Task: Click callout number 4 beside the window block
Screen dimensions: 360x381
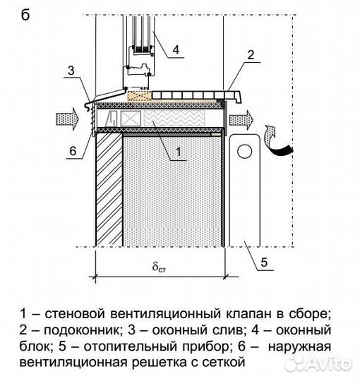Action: pyautogui.click(x=176, y=49)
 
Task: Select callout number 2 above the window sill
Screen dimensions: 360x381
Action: pyautogui.click(x=251, y=55)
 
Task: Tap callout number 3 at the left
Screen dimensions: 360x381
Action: pyautogui.click(x=71, y=71)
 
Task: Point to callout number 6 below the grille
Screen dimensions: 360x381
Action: pyautogui.click(x=73, y=151)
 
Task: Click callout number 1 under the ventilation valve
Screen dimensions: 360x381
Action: pyautogui.click(x=179, y=152)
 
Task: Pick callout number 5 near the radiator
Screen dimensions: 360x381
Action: pyautogui.click(x=264, y=262)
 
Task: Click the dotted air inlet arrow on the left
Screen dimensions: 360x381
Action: pyautogui.click(x=68, y=119)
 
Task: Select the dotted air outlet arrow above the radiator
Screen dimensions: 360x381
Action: pyautogui.click(x=241, y=120)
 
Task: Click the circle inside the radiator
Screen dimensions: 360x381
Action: pyautogui.click(x=244, y=152)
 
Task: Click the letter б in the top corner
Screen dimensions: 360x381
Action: pyautogui.click(x=25, y=15)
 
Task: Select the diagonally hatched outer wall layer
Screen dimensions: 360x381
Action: pyautogui.click(x=109, y=190)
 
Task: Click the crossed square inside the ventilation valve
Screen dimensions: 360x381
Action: pyautogui.click(x=131, y=119)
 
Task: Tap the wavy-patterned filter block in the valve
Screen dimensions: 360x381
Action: pyautogui.click(x=174, y=119)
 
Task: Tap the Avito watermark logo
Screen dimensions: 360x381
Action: pyautogui.click(x=319, y=364)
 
